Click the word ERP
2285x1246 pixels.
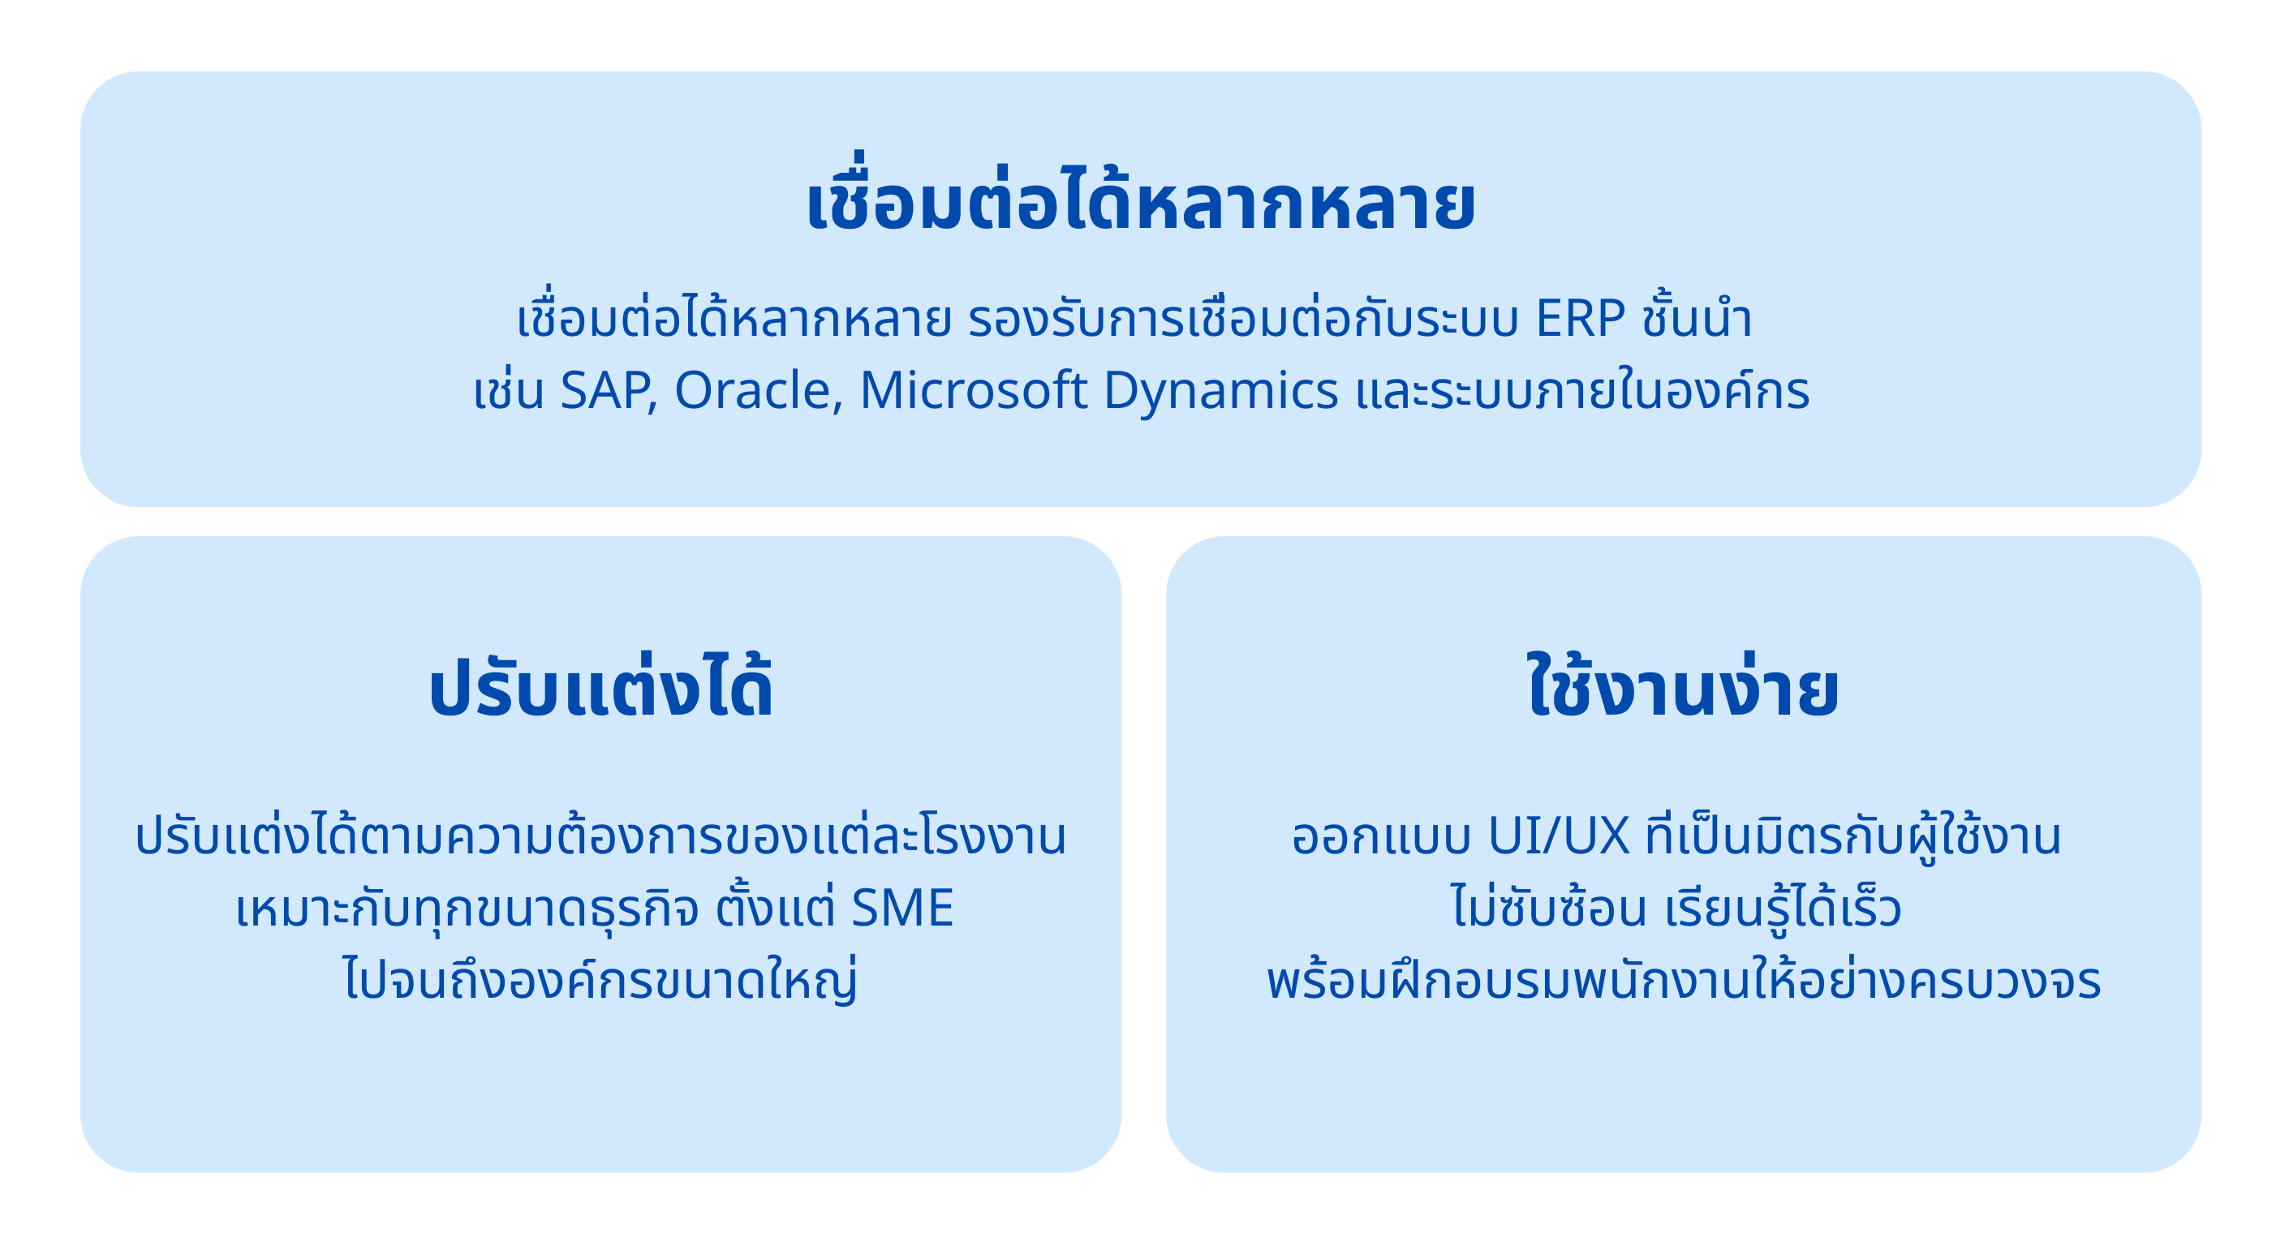pyautogui.click(x=1581, y=317)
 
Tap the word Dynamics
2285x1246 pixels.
pyautogui.click(x=1220, y=392)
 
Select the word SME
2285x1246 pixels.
pyautogui.click(x=902, y=908)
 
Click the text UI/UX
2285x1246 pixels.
pyautogui.click(x=1559, y=836)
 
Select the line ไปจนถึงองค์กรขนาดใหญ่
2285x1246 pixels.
pyautogui.click(x=600, y=977)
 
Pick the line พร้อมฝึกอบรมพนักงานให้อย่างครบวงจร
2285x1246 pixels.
pyautogui.click(x=1684, y=977)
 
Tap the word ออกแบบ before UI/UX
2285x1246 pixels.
pyautogui.click(x=1381, y=837)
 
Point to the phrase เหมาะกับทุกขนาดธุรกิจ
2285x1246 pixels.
pyautogui.click(x=467, y=908)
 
